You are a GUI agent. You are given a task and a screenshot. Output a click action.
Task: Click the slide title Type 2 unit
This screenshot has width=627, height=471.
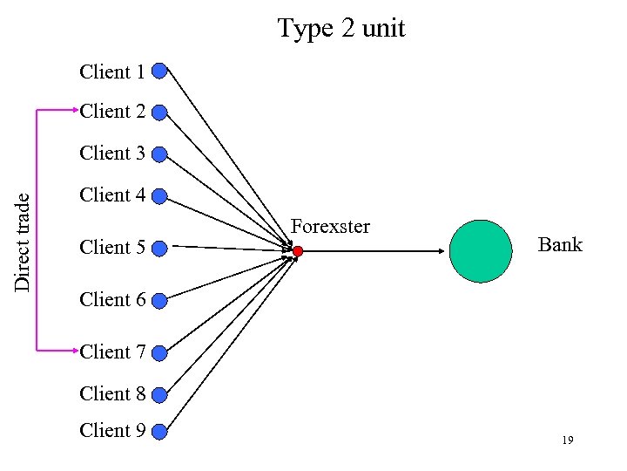click(341, 29)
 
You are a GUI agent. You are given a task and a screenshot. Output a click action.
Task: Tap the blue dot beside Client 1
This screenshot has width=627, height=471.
click(159, 71)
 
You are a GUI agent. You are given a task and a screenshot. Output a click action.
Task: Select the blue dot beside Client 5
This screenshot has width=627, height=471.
click(159, 249)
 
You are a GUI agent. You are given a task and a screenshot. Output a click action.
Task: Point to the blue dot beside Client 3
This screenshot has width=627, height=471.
click(159, 154)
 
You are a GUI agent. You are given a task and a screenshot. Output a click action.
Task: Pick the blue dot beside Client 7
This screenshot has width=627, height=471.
click(159, 352)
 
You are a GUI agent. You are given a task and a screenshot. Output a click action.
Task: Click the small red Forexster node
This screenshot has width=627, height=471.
click(297, 251)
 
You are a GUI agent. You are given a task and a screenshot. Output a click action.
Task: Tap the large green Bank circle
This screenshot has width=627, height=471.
click(481, 251)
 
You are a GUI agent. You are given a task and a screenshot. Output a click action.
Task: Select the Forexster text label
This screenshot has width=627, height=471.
click(330, 227)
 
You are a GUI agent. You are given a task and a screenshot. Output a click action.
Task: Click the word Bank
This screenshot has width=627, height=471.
click(559, 244)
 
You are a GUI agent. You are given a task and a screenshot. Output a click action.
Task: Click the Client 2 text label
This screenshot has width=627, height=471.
click(112, 112)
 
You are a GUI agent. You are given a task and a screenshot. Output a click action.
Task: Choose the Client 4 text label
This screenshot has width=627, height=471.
click(112, 195)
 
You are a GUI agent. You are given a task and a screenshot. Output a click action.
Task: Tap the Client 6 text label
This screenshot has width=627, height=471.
click(112, 300)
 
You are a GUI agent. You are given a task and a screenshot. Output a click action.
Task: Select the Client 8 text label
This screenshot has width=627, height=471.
click(112, 394)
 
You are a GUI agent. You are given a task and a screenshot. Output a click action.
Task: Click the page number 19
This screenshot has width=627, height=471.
click(567, 441)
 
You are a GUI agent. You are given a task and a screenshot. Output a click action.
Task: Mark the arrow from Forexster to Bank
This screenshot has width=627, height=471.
click(374, 251)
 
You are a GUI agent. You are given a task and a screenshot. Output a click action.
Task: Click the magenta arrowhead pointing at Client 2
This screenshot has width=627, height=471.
click(73, 111)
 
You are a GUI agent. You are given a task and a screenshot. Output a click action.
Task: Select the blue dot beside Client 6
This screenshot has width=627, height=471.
click(159, 301)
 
